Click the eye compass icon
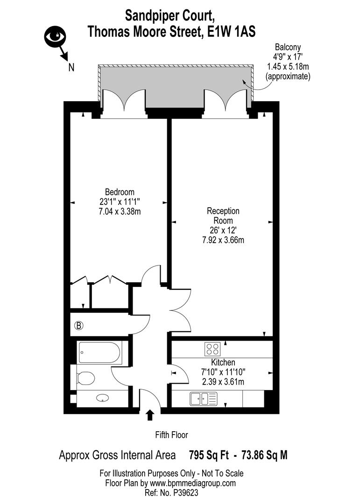tap(55, 36)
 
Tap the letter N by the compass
tap(71, 67)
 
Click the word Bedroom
tap(120, 192)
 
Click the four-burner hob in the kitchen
tap(213, 349)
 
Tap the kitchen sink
tap(204, 399)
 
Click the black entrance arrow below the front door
tap(150, 415)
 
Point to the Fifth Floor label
tap(171, 435)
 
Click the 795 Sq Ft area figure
tap(209, 455)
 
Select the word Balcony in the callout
tap(287, 47)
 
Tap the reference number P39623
tap(188, 492)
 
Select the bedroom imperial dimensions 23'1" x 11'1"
tap(120, 202)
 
